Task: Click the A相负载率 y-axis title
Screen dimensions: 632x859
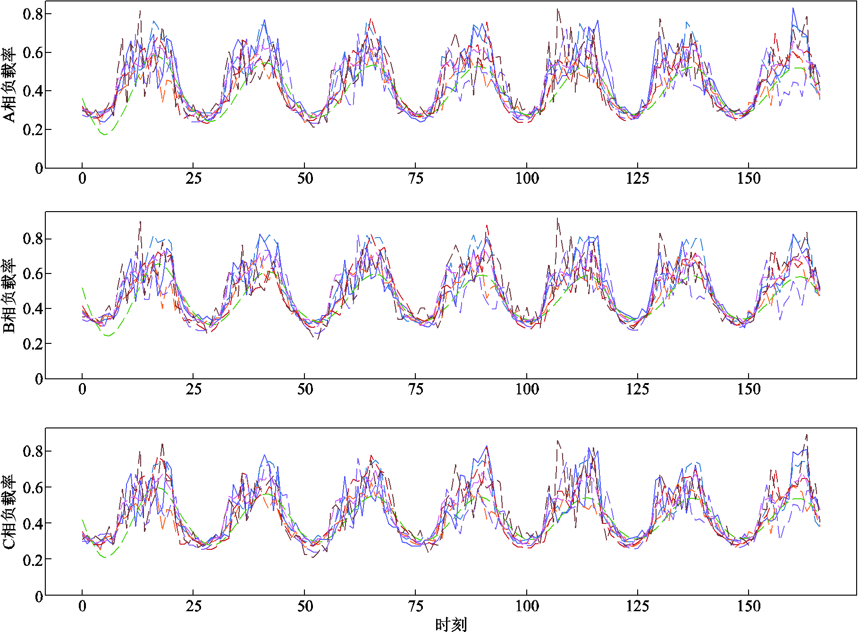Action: (9, 85)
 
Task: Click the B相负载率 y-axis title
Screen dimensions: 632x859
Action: (9, 296)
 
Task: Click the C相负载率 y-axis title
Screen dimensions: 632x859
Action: (9, 512)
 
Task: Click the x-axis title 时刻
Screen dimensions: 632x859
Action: (451, 624)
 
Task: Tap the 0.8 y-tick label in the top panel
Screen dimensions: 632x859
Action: (33, 14)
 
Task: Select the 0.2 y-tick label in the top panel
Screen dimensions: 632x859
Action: (33, 129)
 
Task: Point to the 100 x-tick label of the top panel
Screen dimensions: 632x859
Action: (527, 179)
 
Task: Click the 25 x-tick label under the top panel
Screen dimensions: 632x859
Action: (194, 179)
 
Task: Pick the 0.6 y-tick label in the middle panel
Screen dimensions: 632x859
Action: (33, 274)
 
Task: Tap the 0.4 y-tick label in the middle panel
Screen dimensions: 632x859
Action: (33, 309)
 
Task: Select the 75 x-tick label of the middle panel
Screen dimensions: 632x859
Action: (415, 389)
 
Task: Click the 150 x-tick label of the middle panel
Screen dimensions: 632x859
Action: (749, 389)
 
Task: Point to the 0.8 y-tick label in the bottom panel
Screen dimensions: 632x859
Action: (33, 451)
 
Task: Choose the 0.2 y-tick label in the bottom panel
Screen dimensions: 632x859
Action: (33, 560)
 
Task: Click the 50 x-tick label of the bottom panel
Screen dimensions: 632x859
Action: (305, 606)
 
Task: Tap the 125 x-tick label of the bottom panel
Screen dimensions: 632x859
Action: (638, 606)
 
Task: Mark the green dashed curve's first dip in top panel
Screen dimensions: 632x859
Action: (105, 134)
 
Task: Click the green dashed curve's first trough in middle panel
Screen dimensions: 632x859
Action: (109, 335)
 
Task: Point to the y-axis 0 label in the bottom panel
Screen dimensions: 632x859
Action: (39, 597)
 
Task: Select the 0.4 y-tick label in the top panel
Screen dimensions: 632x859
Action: (33, 91)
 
